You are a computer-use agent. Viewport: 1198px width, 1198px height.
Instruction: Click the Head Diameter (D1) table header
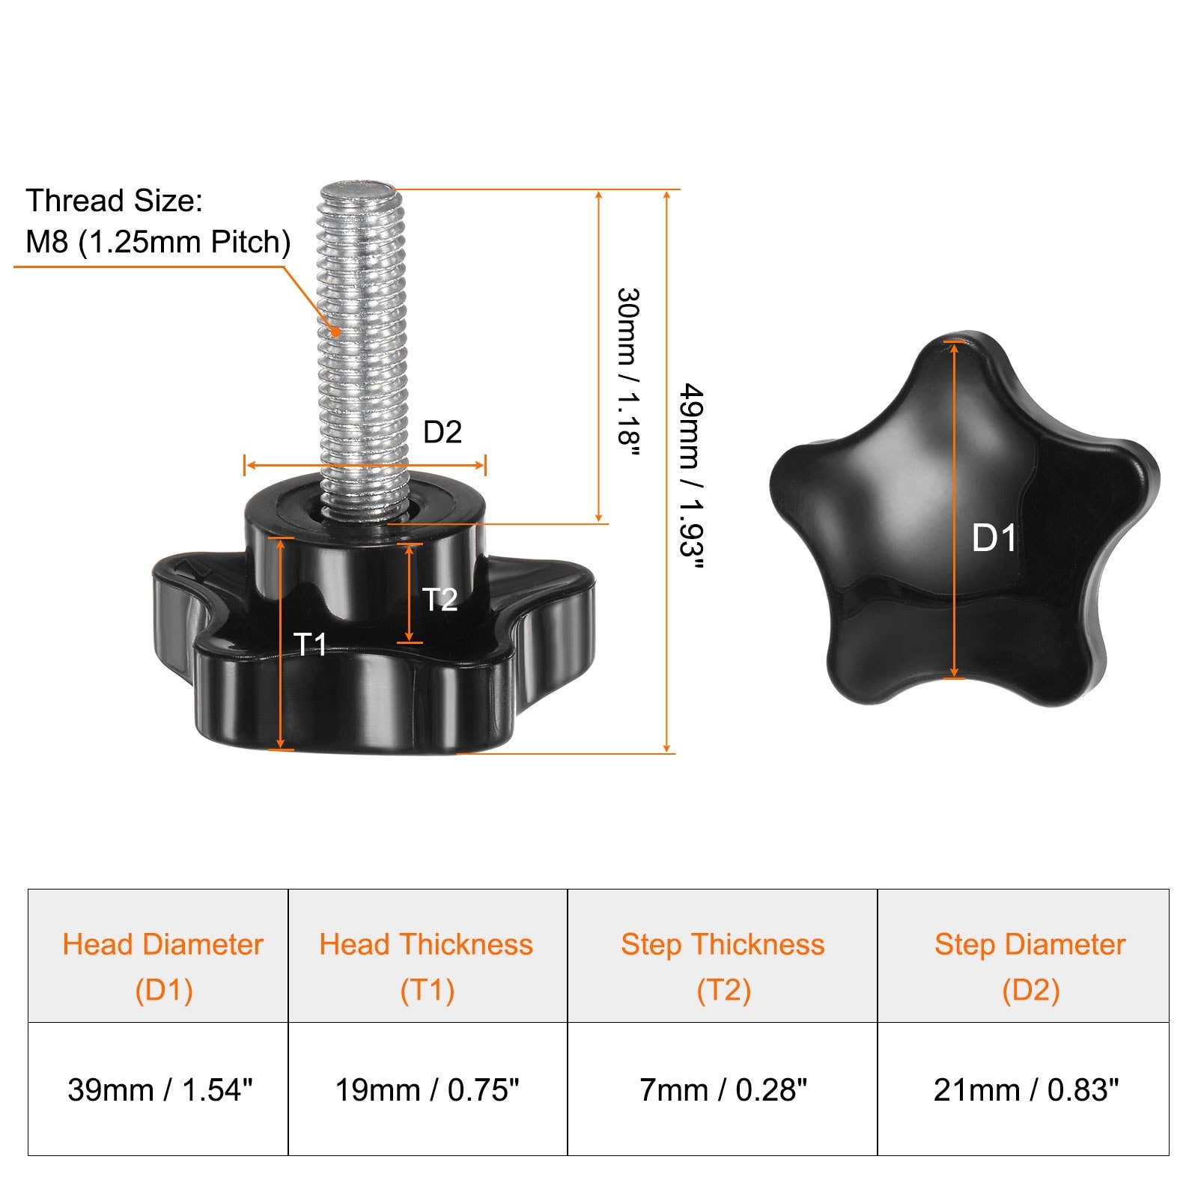(x=158, y=956)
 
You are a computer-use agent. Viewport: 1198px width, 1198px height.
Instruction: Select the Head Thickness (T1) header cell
(x=428, y=956)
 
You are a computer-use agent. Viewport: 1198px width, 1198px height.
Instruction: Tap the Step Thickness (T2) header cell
(x=723, y=956)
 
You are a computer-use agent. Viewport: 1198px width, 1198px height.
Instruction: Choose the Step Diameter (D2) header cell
(x=1024, y=956)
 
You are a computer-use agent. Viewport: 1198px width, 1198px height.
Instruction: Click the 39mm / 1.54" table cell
(x=158, y=1089)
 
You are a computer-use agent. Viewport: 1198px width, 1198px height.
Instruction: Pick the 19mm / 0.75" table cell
(x=428, y=1089)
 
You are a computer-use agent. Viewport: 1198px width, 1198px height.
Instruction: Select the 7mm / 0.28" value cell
(x=723, y=1089)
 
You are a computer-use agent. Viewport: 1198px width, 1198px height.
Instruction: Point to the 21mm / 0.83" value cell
(x=1024, y=1089)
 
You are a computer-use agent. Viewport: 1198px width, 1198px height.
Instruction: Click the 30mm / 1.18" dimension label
(x=627, y=371)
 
